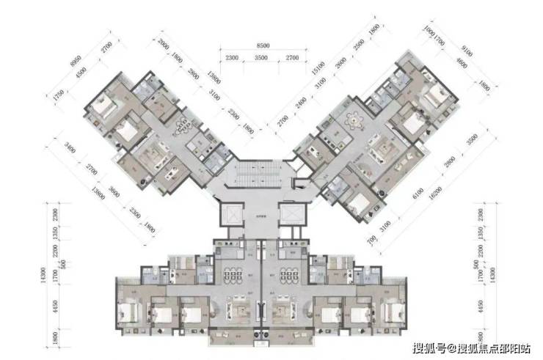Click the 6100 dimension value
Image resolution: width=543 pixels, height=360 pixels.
coord(397,191)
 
